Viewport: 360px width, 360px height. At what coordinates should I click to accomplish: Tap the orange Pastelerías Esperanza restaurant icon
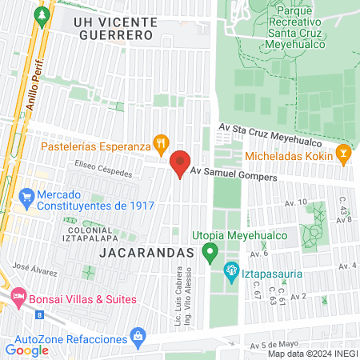coord(161,143)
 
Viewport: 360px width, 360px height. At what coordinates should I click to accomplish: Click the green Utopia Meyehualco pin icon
coord(210,254)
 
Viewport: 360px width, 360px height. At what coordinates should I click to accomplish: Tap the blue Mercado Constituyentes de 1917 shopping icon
coord(27,195)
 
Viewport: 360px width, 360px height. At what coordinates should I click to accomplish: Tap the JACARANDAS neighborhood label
coord(148,252)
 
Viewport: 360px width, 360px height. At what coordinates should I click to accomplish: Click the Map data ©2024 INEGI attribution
coord(312,354)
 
